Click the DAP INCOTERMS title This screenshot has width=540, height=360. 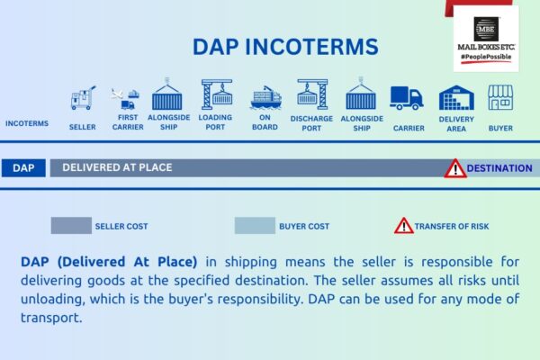pyautogui.click(x=285, y=46)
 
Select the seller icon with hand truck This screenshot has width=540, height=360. pyautogui.click(x=82, y=99)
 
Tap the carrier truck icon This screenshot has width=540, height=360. pyautogui.click(x=406, y=98)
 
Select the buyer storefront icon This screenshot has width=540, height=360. pyautogui.click(x=500, y=97)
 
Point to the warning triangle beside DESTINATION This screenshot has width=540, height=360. pyautogui.click(x=455, y=167)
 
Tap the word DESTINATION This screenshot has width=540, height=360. pyautogui.click(x=499, y=167)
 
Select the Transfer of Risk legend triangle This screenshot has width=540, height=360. pyautogui.click(x=403, y=225)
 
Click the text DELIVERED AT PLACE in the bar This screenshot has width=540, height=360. pyautogui.click(x=117, y=167)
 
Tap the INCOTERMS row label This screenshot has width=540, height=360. pyautogui.click(x=27, y=124)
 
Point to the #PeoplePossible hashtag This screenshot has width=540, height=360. pyautogui.click(x=487, y=57)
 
